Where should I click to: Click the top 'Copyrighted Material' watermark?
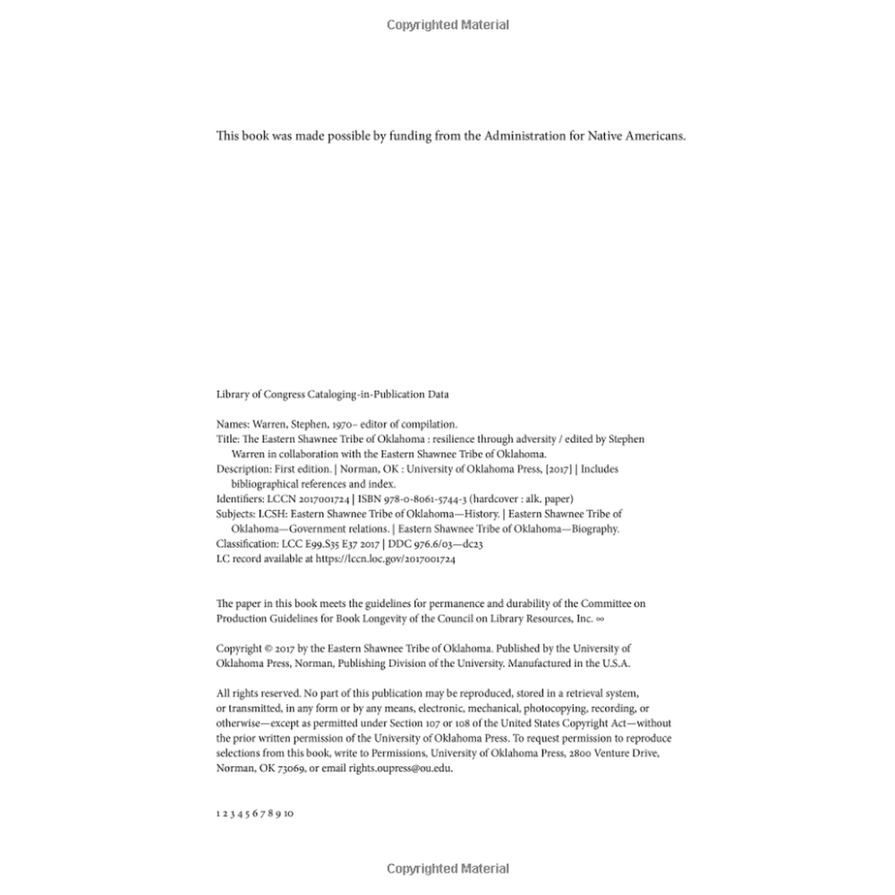pos(447,25)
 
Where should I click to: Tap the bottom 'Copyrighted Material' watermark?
pos(447,868)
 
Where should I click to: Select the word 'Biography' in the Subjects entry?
pos(593,529)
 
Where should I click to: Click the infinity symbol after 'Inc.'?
pos(601,618)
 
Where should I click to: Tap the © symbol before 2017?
pos(269,648)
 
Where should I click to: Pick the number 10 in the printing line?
pos(288,814)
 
